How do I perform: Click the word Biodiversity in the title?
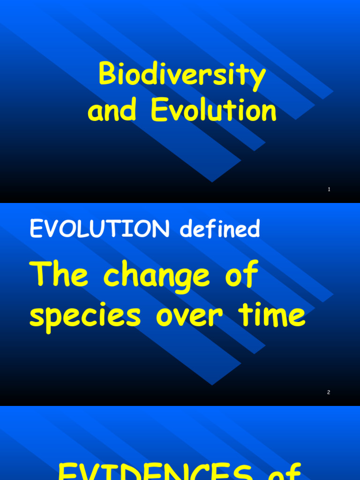(x=182, y=75)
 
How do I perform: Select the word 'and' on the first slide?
(x=112, y=111)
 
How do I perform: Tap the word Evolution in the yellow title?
(x=213, y=111)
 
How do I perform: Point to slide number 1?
(x=329, y=189)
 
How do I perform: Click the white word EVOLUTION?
(x=100, y=229)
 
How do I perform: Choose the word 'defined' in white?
(x=220, y=229)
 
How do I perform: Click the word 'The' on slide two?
(x=59, y=275)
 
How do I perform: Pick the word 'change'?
(x=157, y=277)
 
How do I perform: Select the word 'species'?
(x=85, y=317)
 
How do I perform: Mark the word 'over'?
(x=189, y=317)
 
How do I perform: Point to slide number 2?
(x=329, y=392)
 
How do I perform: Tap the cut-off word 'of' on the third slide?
(x=285, y=471)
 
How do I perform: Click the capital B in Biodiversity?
(x=107, y=75)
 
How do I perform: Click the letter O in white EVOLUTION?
(x=66, y=229)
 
